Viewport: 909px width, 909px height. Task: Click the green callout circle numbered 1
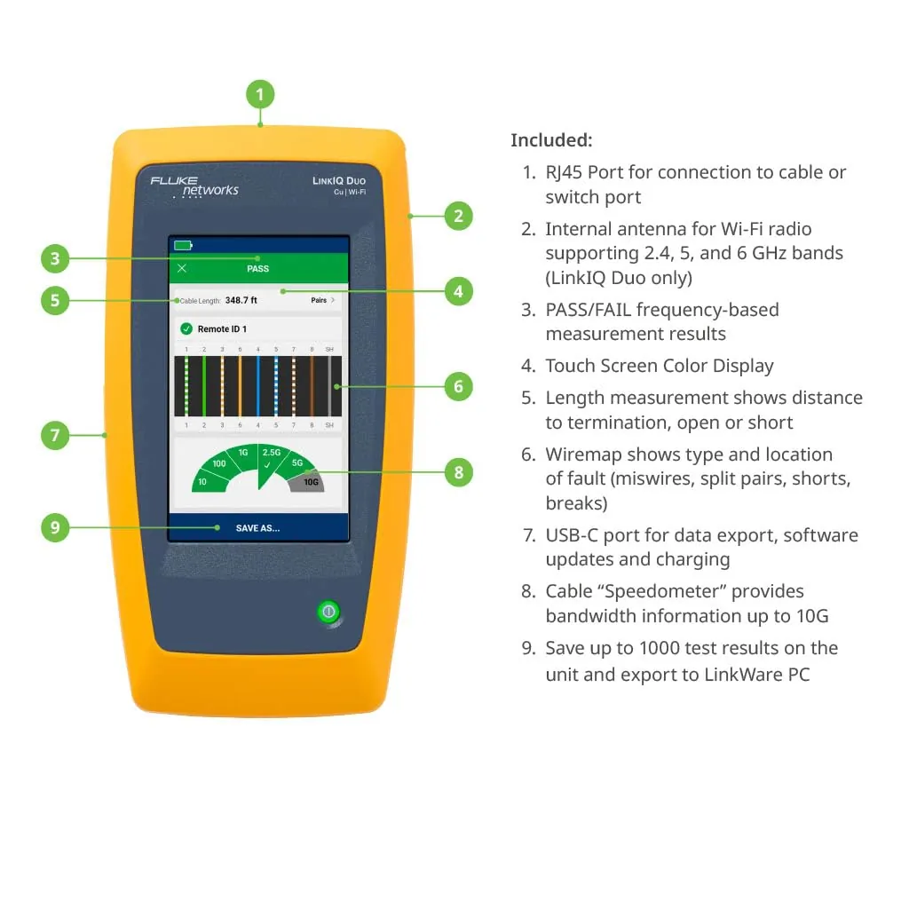pos(260,94)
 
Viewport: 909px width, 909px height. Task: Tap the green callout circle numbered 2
pos(458,216)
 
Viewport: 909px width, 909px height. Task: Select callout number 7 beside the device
pos(55,435)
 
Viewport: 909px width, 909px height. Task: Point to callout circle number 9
pos(55,528)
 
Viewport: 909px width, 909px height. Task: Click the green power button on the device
pos(329,612)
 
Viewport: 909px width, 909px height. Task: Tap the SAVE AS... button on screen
pos(257,528)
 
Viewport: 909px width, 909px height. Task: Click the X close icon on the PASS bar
pos(182,268)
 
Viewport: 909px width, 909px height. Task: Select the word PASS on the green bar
pos(257,268)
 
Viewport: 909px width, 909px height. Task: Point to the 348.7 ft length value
pos(241,301)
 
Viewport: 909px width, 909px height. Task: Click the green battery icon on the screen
pos(183,245)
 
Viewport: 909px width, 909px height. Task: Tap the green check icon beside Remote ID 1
pos(186,329)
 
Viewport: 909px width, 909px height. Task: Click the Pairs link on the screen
pos(321,301)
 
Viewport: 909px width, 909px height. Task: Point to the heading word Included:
pos(551,140)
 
